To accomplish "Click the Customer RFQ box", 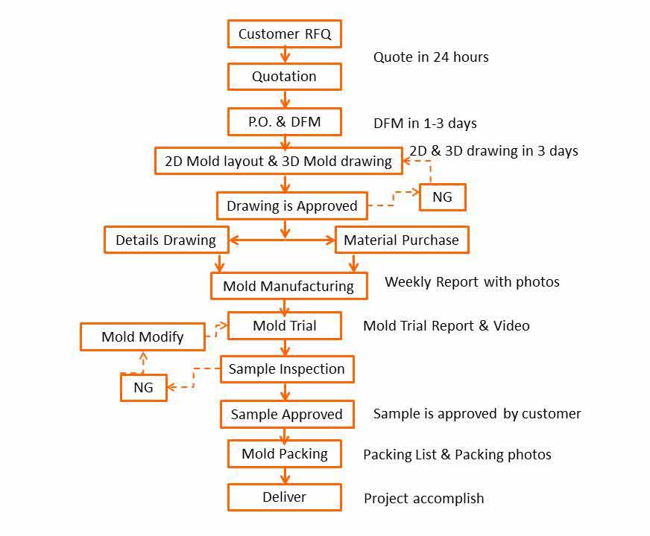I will pos(284,33).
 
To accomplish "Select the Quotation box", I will pos(284,76).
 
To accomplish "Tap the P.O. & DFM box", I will pos(284,121).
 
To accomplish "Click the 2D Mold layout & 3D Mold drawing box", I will pos(278,161).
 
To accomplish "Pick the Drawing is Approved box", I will pos(291,205).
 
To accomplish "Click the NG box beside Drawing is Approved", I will pos(442,197).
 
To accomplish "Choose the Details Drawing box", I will pos(165,240).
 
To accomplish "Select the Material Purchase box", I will pos(401,240).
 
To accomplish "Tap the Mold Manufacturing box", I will pos(288,286).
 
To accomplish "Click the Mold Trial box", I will pos(284,325).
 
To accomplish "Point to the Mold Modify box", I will pos(142,336).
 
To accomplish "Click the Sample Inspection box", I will pos(286,368).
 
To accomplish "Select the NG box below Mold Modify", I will pos(143,387).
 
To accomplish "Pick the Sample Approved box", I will pos(286,414).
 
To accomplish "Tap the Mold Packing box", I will pos(284,453).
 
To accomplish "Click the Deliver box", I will pos(284,497).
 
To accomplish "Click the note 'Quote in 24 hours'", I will pos(431,57).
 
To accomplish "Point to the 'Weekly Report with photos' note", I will pos(472,281).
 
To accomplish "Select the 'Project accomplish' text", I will pos(423,498).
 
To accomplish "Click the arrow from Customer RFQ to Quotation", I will pos(284,55).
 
